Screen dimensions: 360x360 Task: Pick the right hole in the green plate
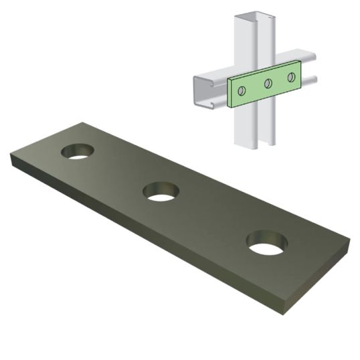coord(291,77)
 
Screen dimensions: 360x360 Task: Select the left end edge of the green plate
coord(230,93)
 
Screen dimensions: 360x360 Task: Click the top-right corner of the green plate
coord(299,62)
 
